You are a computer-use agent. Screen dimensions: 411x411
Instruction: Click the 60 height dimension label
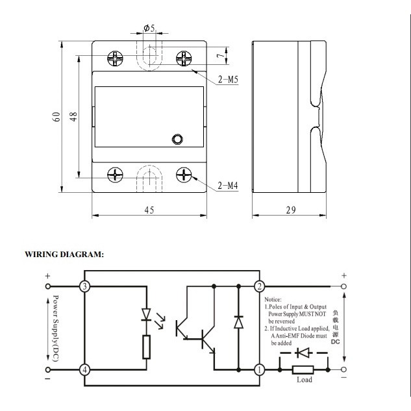click(56, 117)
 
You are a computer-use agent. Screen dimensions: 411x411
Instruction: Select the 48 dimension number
click(74, 116)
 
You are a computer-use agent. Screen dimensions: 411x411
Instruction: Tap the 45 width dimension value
click(149, 210)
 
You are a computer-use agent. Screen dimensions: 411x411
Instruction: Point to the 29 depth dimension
click(291, 210)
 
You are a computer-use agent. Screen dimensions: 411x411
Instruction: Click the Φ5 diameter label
click(149, 27)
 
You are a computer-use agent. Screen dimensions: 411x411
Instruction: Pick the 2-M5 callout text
click(228, 79)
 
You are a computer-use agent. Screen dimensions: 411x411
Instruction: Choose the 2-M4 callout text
click(228, 186)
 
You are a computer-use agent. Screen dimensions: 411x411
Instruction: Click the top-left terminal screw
click(115, 58)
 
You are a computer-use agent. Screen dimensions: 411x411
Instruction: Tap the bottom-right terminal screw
click(184, 175)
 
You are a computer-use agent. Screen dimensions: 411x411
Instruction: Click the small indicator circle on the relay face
click(177, 139)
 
